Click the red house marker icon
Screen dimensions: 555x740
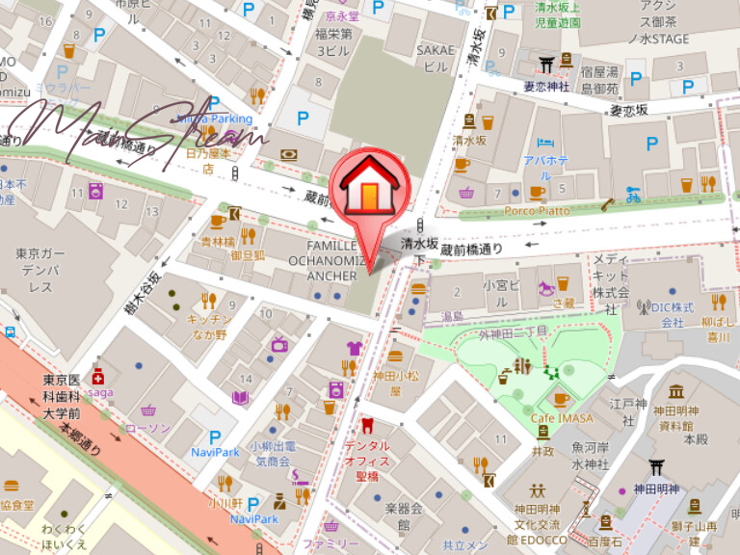pyautogui.click(x=369, y=183)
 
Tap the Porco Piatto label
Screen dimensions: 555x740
pyautogui.click(x=537, y=210)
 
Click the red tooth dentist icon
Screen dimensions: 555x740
pyautogui.click(x=366, y=426)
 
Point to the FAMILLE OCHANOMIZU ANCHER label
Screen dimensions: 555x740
pyautogui.click(x=330, y=260)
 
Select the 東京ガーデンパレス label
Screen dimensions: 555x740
pyautogui.click(x=40, y=271)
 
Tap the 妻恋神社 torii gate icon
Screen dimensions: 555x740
pyautogui.click(x=547, y=64)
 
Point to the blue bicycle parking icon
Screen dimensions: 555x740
pyautogui.click(x=633, y=195)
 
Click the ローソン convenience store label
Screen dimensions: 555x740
pyautogui.click(x=147, y=428)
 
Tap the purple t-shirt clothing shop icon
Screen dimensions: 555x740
pyautogui.click(x=354, y=348)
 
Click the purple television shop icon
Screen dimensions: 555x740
pyautogui.click(x=279, y=344)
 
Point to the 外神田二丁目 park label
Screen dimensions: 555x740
pyautogui.click(x=514, y=333)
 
